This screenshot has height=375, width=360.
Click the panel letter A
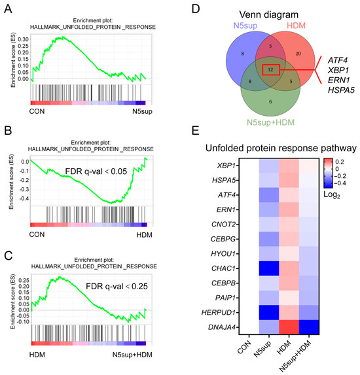pos(8,9)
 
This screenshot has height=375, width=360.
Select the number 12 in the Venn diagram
pos(270,69)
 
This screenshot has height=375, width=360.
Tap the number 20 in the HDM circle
pos(298,54)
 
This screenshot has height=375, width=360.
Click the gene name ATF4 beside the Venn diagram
pos(338,60)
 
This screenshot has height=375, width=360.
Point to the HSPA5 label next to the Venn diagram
pos(341,90)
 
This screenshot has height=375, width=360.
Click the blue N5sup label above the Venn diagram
pos(245,26)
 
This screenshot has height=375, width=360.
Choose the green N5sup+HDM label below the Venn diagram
pos(270,122)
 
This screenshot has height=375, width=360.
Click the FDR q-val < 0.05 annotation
pos(96,171)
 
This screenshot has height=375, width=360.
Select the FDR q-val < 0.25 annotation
pos(117,286)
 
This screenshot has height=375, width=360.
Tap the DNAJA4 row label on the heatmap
pos(222,327)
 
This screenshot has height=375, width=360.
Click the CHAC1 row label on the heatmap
pos(223,268)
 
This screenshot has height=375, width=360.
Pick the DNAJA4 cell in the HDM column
pos(289,327)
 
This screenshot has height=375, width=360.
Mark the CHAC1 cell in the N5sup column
pos(269,268)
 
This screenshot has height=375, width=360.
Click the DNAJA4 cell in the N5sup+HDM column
pos(309,327)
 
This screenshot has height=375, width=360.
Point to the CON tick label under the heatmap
pos(244,347)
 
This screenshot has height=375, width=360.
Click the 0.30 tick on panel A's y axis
pos(23,39)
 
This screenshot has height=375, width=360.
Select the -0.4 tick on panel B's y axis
pos(24,198)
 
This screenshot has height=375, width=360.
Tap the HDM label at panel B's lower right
pos(144,235)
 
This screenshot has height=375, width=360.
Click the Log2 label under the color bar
pos(332,195)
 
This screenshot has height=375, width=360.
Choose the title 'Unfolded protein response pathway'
pos(281,149)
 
